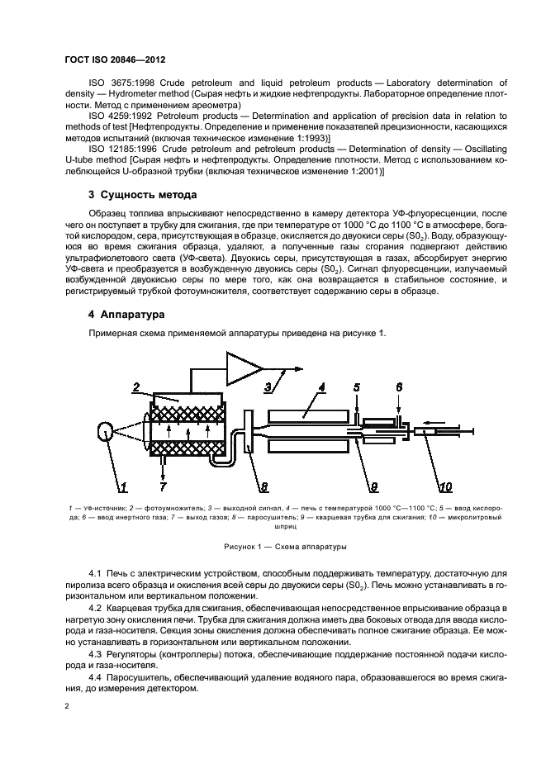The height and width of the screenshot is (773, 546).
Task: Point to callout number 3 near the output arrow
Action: tap(268, 386)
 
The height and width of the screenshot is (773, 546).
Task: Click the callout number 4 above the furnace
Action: tap(322, 386)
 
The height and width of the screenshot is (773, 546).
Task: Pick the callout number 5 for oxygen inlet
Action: tap(357, 386)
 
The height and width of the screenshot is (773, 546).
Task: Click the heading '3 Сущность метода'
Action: tap(142, 196)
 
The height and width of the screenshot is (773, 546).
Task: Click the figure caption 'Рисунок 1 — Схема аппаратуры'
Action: tap(273, 548)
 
